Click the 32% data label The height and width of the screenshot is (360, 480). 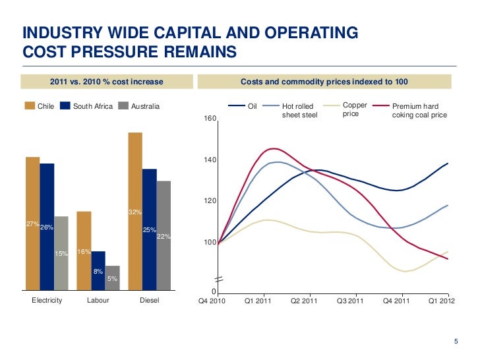pyautogui.click(x=135, y=212)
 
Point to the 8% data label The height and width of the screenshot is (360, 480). pyautogui.click(x=98, y=272)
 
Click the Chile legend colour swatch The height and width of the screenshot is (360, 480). pyautogui.click(x=30, y=105)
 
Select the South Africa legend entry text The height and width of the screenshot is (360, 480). pyautogui.click(x=92, y=105)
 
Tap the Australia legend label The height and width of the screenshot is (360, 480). pyautogui.click(x=145, y=105)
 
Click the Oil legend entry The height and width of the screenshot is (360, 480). pyautogui.click(x=251, y=105)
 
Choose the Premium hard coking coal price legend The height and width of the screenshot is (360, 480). pyautogui.click(x=419, y=110)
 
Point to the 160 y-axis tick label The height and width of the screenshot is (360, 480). pyautogui.click(x=210, y=119)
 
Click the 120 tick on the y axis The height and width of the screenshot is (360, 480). pyautogui.click(x=210, y=201)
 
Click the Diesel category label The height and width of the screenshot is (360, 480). pyautogui.click(x=150, y=301)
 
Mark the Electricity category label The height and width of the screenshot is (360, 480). pyautogui.click(x=47, y=301)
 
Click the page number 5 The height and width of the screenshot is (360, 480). pyautogui.click(x=456, y=341)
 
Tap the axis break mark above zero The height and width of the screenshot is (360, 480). pyautogui.click(x=218, y=280)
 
